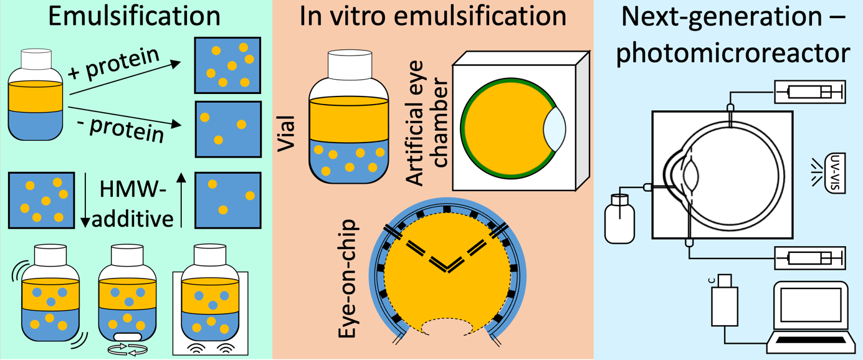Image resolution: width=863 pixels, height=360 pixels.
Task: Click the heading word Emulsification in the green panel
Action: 134,17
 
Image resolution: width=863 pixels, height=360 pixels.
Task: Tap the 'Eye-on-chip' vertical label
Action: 349,277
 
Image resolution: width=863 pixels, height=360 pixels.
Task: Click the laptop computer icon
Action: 810,315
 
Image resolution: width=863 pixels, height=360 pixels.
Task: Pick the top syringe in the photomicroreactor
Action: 809,92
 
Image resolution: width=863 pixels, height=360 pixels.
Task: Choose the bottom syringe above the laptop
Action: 809,257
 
